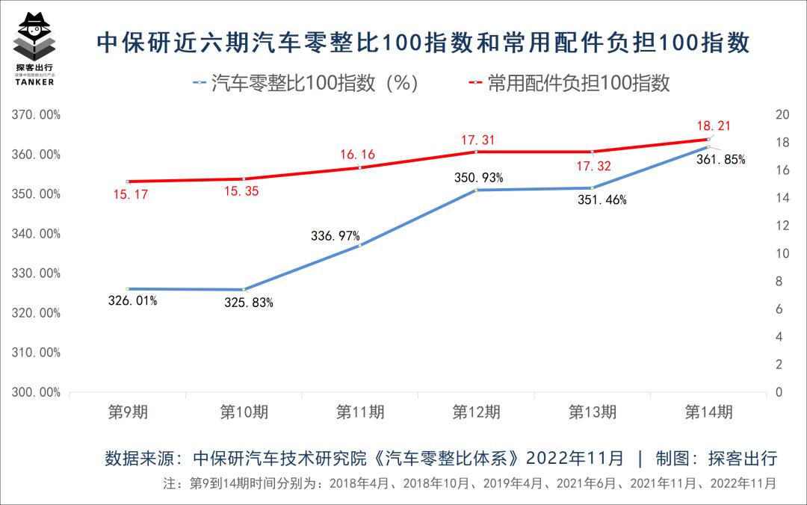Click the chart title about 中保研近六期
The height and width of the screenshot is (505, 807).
(423, 43)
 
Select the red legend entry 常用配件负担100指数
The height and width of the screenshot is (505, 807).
(568, 82)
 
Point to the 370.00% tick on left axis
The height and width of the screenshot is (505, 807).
(36, 115)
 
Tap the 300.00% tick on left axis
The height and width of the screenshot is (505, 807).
(36, 392)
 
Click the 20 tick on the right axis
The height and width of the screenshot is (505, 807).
(783, 115)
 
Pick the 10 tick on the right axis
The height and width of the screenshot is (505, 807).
(783, 254)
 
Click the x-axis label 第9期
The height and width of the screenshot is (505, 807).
(128, 412)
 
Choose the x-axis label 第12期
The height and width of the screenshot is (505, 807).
(476, 412)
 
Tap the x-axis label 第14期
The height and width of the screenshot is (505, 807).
(708, 412)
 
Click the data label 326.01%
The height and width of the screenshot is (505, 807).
(132, 301)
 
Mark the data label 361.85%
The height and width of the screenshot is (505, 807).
(720, 159)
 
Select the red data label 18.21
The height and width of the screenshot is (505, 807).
(713, 126)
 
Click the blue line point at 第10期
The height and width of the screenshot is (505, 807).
(244, 290)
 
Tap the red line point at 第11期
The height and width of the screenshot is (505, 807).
(360, 167)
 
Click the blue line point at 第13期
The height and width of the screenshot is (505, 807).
(593, 188)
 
